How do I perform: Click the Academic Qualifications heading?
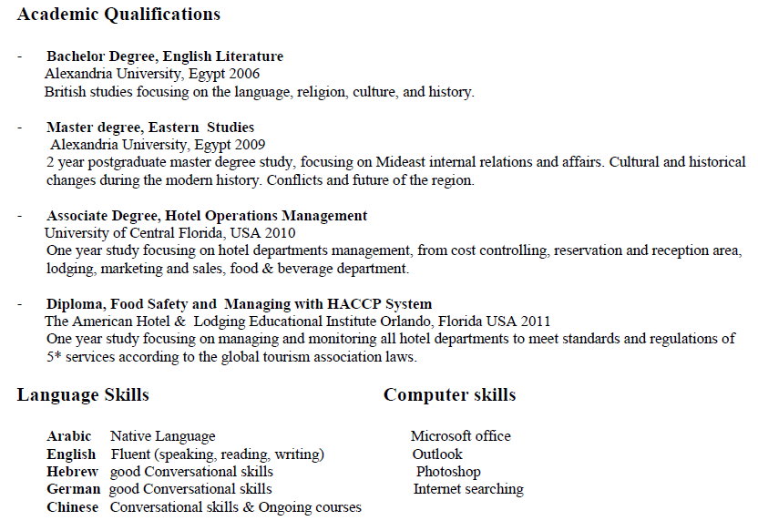coord(118,15)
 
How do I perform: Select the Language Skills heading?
coord(83,395)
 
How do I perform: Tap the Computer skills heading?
coord(449,395)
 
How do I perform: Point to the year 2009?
coord(250,144)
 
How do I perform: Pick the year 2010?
coord(279,233)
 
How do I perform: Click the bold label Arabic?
coord(69,436)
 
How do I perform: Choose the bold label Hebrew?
coord(72,472)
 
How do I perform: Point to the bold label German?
coord(72,489)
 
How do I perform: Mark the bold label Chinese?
coord(72,507)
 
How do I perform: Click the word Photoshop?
coord(448,472)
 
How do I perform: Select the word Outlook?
coord(437,454)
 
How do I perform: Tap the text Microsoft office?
coord(460,436)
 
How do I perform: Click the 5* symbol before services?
coord(54,357)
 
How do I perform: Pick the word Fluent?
coord(131,454)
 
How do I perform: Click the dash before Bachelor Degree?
coord(19,56)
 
